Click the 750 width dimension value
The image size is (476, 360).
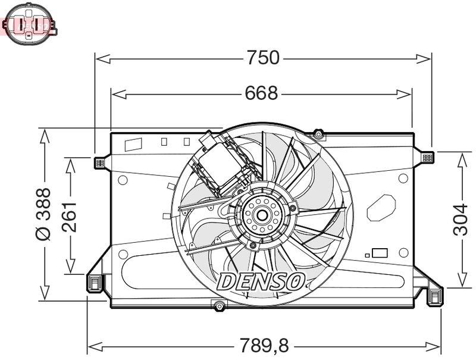click(263, 58)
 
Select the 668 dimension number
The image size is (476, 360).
click(261, 93)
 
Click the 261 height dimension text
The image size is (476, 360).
click(70, 215)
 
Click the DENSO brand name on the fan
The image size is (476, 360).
click(262, 281)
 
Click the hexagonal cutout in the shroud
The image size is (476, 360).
click(381, 208)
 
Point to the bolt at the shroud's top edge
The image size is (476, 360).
click(318, 134)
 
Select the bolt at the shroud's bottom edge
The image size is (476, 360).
click(220, 306)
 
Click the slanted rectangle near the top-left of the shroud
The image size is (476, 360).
click(133, 144)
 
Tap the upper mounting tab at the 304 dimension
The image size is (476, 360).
click(427, 158)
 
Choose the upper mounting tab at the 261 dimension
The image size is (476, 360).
click(99, 162)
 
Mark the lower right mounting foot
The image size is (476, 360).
click(435, 296)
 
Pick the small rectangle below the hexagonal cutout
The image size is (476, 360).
click(379, 252)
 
